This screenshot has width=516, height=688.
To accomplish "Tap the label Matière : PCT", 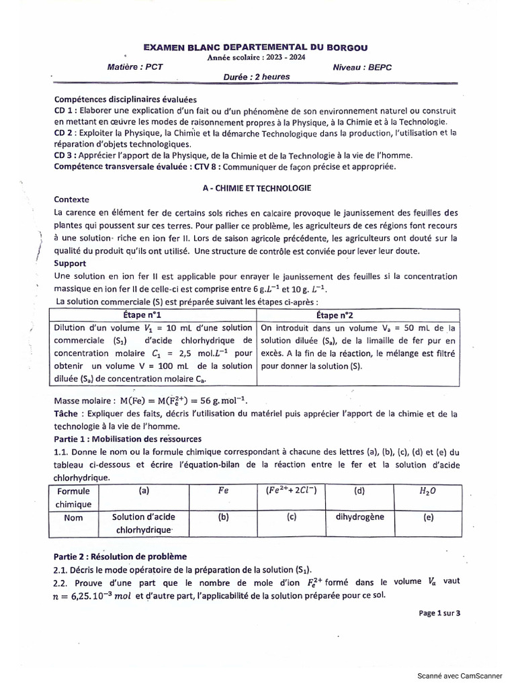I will [x=134, y=68].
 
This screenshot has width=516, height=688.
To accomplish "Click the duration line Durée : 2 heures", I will [x=257, y=77].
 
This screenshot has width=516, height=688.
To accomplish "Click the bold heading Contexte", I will [x=71, y=200].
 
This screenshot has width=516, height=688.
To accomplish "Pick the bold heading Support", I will [x=69, y=264].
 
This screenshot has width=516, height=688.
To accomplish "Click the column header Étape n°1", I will [x=154, y=316].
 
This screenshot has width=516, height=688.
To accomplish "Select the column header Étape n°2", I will [x=358, y=316].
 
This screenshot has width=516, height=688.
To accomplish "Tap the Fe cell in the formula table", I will [x=223, y=491].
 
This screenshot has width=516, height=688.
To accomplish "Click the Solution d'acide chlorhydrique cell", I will [x=144, y=523].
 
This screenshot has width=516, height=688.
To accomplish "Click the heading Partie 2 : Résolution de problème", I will [x=120, y=556].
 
